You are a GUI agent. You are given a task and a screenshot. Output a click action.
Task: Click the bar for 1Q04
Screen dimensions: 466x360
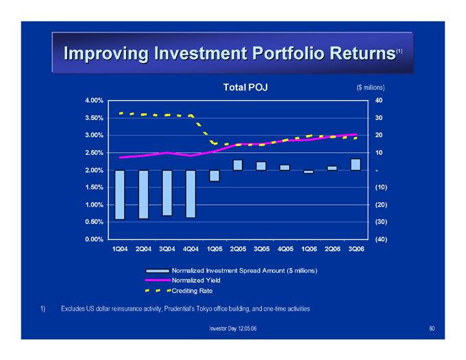(120, 195)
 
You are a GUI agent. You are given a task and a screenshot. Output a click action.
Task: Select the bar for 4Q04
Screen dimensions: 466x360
(191, 194)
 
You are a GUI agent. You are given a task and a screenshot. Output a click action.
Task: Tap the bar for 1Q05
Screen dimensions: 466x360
(214, 176)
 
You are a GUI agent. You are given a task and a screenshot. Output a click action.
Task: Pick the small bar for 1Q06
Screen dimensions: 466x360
(308, 172)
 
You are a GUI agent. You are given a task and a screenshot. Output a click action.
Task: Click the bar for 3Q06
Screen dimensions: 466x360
(356, 165)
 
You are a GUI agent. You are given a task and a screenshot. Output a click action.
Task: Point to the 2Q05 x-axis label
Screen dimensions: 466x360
(238, 249)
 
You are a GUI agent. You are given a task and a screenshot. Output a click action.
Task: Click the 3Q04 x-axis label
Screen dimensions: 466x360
(167, 249)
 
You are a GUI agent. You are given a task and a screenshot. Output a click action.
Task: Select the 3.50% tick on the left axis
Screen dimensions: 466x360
(94, 118)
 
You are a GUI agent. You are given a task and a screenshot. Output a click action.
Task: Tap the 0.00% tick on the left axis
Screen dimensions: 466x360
(94, 239)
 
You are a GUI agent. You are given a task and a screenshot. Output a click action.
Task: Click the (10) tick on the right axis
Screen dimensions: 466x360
(381, 187)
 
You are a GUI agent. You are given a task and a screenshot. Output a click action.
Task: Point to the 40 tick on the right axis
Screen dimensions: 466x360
(378, 100)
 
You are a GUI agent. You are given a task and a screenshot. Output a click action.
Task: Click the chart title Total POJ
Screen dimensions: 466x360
(245, 87)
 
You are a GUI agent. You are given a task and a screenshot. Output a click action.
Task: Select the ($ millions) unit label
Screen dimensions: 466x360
(371, 87)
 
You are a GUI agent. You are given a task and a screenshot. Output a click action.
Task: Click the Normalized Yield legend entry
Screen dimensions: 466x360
(183, 280)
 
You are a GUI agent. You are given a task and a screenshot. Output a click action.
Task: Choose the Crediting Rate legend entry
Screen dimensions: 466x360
(179, 291)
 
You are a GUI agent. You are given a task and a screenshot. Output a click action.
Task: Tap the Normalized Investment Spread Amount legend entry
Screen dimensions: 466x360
(231, 271)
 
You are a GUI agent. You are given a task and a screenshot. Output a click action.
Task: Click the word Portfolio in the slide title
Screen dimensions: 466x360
(288, 53)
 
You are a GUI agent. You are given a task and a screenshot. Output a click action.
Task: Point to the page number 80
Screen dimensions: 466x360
(432, 328)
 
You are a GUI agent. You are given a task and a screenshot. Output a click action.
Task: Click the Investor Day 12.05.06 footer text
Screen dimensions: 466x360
(233, 328)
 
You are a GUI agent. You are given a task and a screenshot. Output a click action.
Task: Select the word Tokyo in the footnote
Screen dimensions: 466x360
(205, 309)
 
